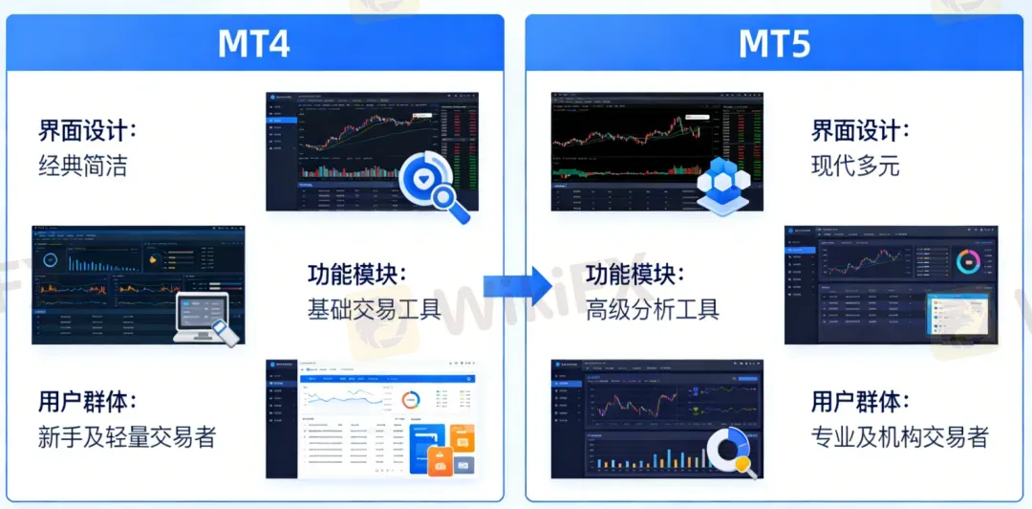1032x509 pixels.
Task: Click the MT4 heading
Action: point(253,44)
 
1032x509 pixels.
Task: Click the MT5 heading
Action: point(774,44)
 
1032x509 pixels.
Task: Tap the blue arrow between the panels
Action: point(517,284)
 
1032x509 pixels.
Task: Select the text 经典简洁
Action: point(82,166)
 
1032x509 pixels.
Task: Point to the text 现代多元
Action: point(855,166)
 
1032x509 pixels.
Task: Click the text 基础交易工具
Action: point(374,309)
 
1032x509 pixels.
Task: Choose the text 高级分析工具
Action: point(653,309)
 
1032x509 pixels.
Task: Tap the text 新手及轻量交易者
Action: point(127,437)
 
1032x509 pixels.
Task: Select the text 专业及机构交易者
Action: point(899,437)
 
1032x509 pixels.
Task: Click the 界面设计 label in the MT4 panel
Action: point(88,131)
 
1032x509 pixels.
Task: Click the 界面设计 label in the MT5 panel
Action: point(861,131)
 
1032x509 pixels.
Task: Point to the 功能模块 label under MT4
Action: point(356,275)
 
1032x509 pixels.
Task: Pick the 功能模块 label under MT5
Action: point(635,275)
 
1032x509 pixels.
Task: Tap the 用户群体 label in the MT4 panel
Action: point(88,402)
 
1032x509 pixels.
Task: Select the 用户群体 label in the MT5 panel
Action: point(861,402)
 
